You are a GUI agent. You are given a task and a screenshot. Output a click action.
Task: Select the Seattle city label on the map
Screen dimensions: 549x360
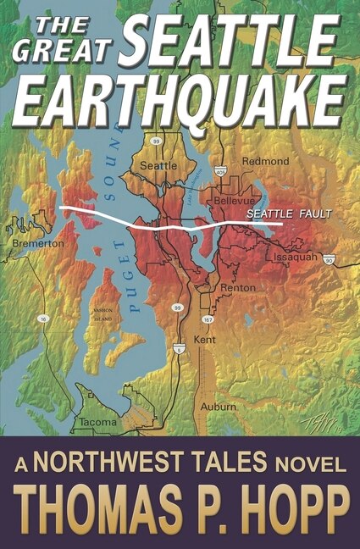click(158, 166)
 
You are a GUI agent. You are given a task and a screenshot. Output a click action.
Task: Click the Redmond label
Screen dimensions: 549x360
click(265, 161)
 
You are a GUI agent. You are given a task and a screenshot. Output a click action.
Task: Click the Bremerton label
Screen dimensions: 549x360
click(38, 243)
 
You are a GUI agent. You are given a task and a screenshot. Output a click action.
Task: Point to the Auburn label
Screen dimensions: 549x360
click(219, 407)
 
